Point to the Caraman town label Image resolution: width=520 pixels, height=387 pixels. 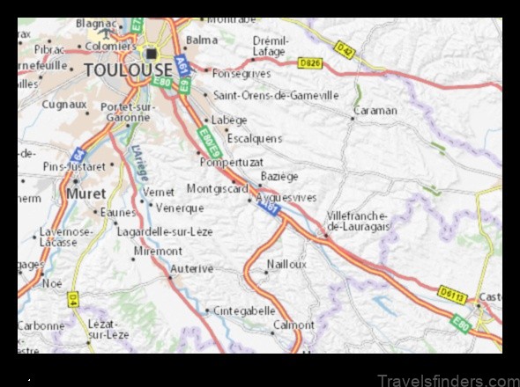(375, 111)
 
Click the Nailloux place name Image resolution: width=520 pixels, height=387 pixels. (287, 263)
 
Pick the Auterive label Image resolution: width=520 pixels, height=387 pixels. (193, 267)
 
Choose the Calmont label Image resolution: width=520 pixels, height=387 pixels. (293, 325)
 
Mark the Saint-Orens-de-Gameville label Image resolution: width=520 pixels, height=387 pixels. (276, 95)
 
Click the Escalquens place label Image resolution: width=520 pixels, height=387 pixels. (254, 138)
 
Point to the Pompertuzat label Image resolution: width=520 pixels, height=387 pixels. (232, 162)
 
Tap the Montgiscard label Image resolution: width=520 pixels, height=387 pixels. (217, 188)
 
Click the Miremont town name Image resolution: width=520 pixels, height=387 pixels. (158, 251)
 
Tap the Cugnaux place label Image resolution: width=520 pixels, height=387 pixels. (64, 104)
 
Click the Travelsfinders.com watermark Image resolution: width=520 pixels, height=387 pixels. (448, 380)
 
